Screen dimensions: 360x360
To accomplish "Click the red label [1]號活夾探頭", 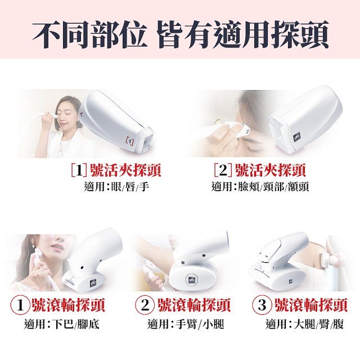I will [x=116, y=170].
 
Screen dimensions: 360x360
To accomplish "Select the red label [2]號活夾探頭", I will [x=260, y=170].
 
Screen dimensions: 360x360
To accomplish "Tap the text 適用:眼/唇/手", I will [x=115, y=186].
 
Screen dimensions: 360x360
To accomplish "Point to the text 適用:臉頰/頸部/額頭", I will [x=260, y=186].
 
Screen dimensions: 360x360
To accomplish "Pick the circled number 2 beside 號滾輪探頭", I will [x=146, y=306].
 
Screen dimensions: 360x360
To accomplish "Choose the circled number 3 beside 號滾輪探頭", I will [x=262, y=306].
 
